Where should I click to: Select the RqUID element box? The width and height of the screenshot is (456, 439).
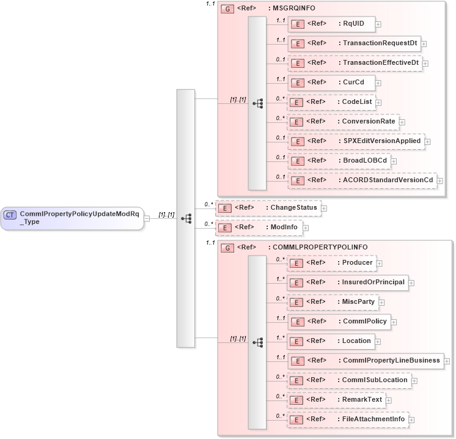tap(331, 24)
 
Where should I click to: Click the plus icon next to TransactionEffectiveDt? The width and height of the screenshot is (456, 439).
tap(425, 64)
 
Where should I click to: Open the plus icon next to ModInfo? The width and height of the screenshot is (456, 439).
tap(306, 228)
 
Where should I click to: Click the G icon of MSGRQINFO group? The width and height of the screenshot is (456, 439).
tap(227, 9)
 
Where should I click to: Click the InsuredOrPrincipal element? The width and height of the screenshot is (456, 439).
tap(347, 282)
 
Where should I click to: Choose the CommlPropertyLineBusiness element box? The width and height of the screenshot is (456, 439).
tap(365, 361)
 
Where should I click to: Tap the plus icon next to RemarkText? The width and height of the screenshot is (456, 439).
tap(389, 400)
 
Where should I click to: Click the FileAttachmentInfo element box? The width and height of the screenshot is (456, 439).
tap(347, 419)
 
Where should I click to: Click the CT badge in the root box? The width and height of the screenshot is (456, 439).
tap(10, 215)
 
